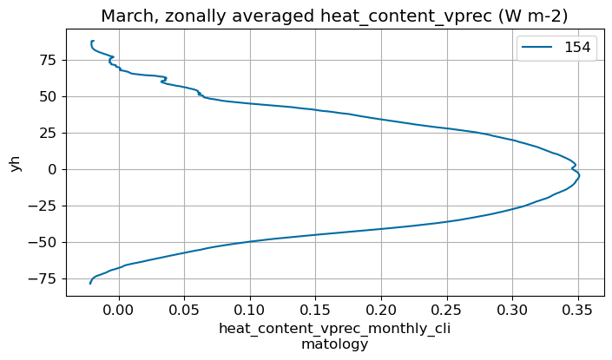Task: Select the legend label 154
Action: (576, 49)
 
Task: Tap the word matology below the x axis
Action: (334, 344)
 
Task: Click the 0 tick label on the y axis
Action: (52, 169)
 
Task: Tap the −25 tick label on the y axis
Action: (43, 206)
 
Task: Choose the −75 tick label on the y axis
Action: (43, 278)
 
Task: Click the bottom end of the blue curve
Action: (90, 284)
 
